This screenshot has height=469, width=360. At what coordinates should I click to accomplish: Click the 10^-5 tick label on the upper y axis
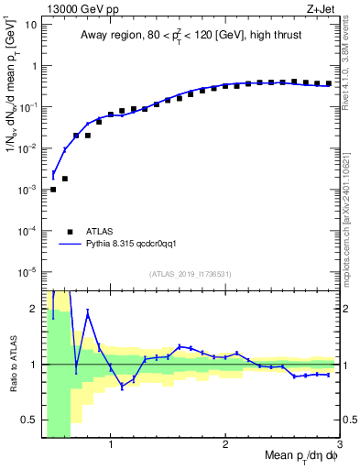tap(28, 271)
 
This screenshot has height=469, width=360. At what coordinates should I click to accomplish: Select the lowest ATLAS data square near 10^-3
tap(53, 190)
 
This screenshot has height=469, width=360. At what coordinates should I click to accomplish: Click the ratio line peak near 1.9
tap(87, 313)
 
